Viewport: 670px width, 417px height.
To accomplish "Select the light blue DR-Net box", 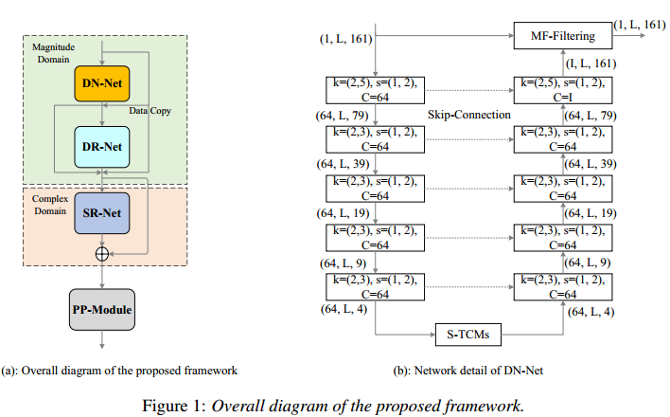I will point(99,147).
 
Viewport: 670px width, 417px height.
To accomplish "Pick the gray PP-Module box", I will point(99,309).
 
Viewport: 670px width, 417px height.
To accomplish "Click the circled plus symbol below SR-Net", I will point(99,255).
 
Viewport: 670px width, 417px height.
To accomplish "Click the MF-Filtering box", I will point(563,36).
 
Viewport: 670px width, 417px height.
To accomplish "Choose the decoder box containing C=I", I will point(562,90).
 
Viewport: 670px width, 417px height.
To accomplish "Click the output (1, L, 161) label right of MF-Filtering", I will point(639,22).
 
